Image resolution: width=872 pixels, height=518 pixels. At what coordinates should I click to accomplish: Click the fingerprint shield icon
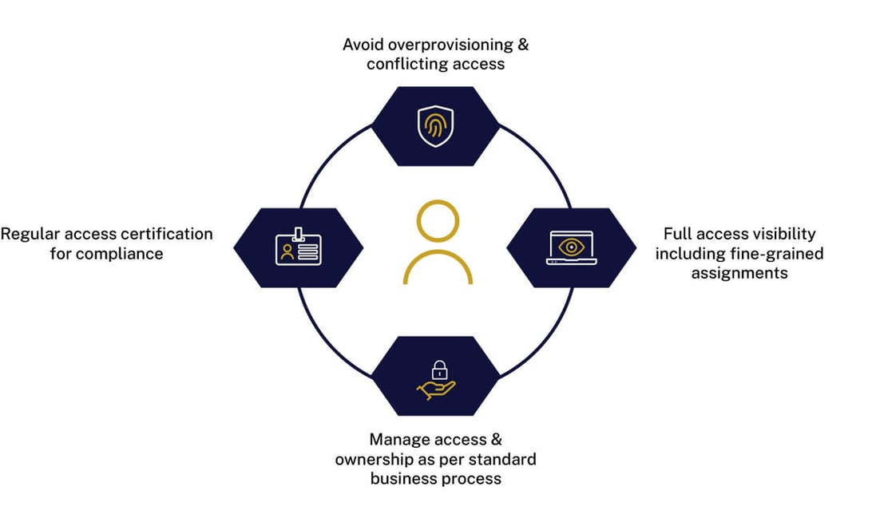pos(435,126)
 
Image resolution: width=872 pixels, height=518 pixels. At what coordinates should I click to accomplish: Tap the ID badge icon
pos(299,247)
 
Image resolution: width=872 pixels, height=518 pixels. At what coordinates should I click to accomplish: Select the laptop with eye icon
pos(572,247)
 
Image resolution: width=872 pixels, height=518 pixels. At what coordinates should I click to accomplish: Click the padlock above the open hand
pos(438,370)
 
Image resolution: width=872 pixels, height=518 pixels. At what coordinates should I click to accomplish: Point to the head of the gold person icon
pos(437,222)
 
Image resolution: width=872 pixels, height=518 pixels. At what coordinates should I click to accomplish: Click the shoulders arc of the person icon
pos(437,267)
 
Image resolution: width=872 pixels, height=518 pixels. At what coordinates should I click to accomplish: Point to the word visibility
pos(781,234)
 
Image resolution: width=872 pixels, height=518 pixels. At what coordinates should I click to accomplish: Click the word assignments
pos(739,273)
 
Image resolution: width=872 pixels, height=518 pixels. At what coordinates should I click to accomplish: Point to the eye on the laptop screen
pos(572,246)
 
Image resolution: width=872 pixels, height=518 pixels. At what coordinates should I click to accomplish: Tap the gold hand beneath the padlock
pos(435,388)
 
